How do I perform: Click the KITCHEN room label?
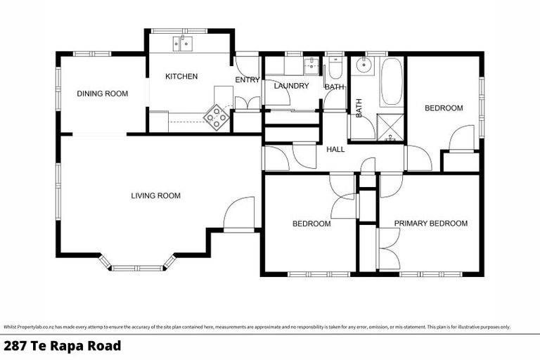pos(181,76)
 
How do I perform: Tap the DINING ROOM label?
pos(103,94)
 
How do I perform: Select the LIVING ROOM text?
pos(156,195)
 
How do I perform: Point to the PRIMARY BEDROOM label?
pos(430,224)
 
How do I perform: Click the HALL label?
pos(335,149)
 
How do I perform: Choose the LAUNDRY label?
pos(292,86)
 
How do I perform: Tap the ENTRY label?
pos(247,79)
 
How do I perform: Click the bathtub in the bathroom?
pos(390,82)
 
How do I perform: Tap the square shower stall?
pos(389,127)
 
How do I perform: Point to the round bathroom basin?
pos(363,65)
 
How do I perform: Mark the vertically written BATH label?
pos(359,108)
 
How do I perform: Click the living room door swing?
pos(239,213)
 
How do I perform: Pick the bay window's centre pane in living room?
pos(137,267)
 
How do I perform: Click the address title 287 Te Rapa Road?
pos(63,346)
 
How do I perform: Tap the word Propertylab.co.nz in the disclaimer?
pos(36,327)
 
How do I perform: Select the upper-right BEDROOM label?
pos(444,108)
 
